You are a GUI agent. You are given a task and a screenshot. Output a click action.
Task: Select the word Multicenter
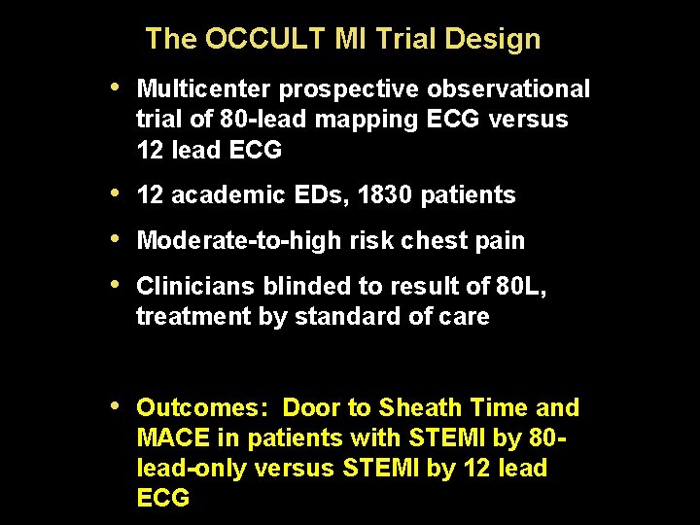[x=205, y=89]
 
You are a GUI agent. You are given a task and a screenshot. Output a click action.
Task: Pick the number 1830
[x=385, y=194]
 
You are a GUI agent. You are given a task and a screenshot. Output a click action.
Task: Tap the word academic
[x=213, y=194]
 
